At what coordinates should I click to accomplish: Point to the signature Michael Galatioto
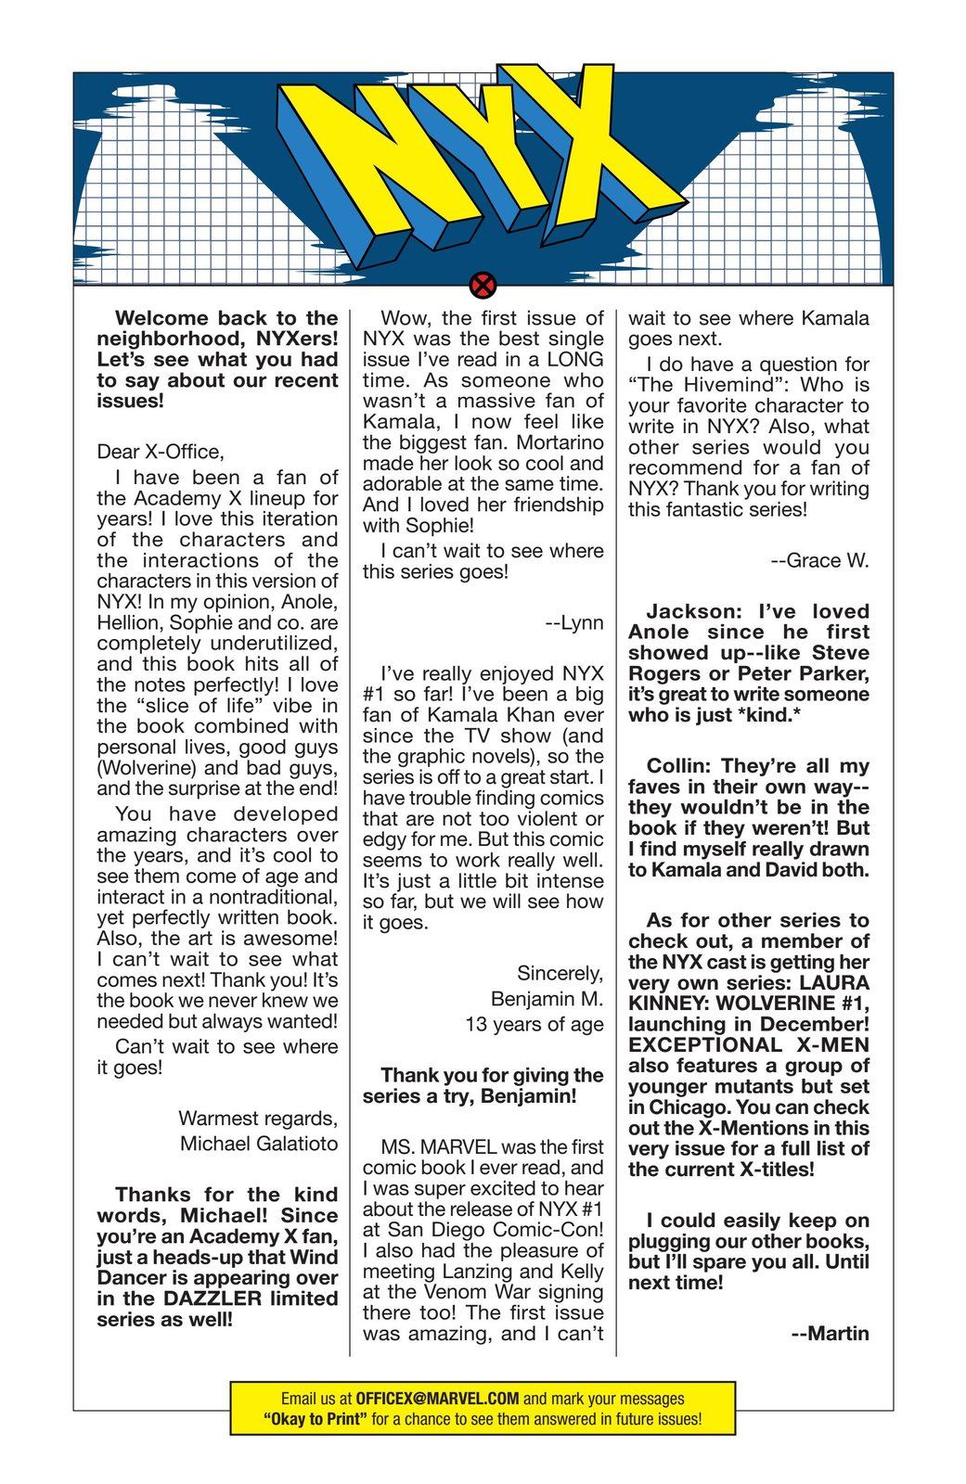point(259,1144)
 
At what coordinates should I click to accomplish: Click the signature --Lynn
point(574,622)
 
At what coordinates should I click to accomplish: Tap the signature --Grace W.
point(819,560)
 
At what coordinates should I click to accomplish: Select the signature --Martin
point(830,1334)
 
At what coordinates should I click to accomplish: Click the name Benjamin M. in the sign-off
point(547,999)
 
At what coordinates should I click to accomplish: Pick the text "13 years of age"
point(534,1025)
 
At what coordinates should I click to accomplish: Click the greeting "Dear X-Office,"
point(161,452)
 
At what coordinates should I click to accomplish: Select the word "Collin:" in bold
point(679,766)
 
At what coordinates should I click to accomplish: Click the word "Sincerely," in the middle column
point(560,974)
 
